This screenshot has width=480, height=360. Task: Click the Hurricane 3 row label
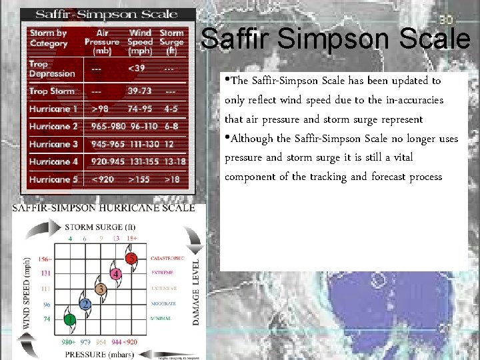53,144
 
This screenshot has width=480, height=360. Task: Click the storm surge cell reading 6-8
171,126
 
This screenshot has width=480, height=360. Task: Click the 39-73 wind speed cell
140,91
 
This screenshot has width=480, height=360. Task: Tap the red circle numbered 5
132,258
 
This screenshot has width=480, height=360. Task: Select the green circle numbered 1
70,319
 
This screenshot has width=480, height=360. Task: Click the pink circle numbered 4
116,273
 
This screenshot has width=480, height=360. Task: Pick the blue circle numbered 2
85,304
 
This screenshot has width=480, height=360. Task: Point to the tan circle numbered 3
101,289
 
